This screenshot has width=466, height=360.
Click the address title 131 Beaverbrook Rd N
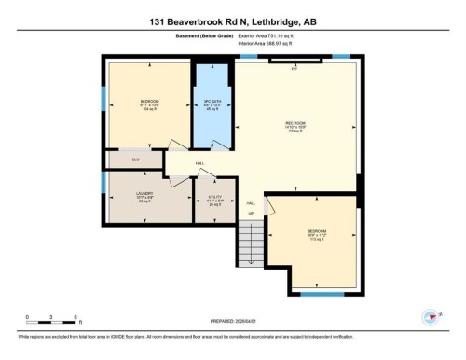pos(233,21)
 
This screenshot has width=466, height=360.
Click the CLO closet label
pos(135,159)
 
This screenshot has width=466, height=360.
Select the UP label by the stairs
pos(250,214)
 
